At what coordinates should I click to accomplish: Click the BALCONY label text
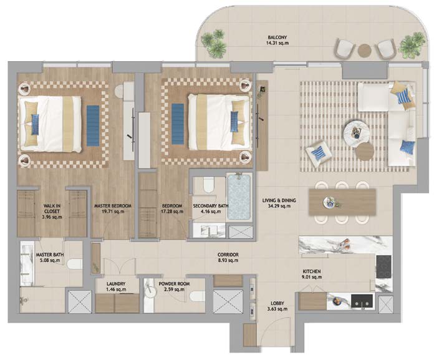pyautogui.click(x=277, y=37)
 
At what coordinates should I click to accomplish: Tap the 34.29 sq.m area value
pyautogui.click(x=279, y=206)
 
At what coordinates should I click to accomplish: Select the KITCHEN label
pyautogui.click(x=312, y=271)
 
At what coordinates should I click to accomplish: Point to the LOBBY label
pyautogui.click(x=277, y=303)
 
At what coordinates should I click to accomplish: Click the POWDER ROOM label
pyautogui.click(x=174, y=284)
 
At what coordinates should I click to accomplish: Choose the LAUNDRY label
pyautogui.click(x=116, y=284)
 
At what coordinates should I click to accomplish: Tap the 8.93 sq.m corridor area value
pyautogui.click(x=228, y=260)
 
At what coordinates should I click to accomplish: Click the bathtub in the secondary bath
pyautogui.click(x=239, y=197)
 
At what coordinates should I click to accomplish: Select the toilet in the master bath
pyautogui.click(x=74, y=264)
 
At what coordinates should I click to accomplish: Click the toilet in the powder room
pyautogui.click(x=198, y=296)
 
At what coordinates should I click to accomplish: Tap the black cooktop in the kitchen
pyautogui.click(x=383, y=266)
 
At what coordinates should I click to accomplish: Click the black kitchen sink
pyautogui.click(x=362, y=301)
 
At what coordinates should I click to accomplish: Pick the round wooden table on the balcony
pyautogui.click(x=365, y=51)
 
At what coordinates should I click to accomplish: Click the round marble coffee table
pyautogui.click(x=356, y=132)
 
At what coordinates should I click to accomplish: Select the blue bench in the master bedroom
pyautogui.click(x=93, y=125)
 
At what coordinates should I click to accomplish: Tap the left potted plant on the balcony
pyautogui.click(x=215, y=43)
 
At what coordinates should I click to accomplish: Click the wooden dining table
pyautogui.click(x=342, y=202)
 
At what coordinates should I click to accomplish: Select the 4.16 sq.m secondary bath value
pyautogui.click(x=211, y=212)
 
